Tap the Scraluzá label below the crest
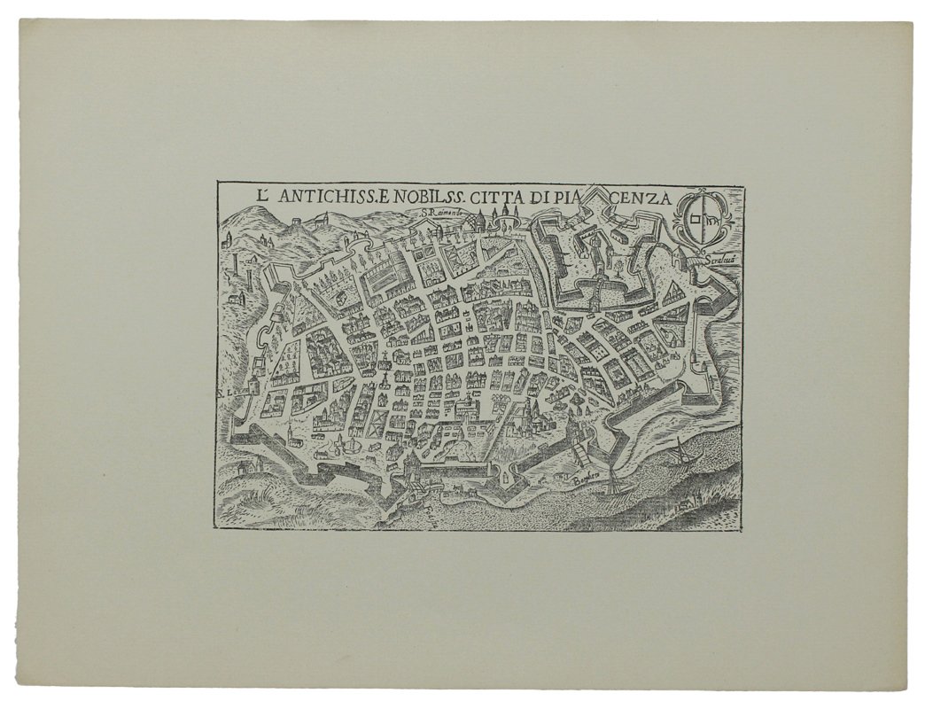point(724,261)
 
